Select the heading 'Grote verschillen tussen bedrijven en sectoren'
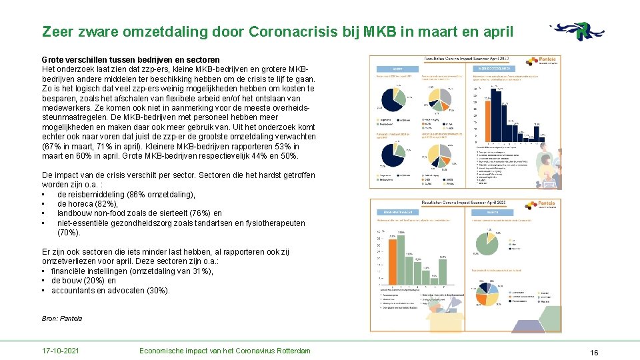[x=131, y=60]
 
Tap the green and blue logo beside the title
[x=577, y=31]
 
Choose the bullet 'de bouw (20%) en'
[x=83, y=281]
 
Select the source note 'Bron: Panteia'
[x=62, y=319]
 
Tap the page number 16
[x=594, y=351]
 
